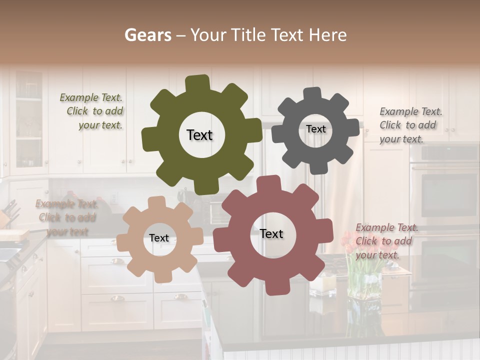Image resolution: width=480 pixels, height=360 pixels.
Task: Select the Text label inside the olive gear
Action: click(x=199, y=135)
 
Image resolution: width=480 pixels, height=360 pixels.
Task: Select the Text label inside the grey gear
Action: click(x=315, y=129)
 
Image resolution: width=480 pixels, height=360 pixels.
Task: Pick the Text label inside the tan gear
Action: click(x=159, y=238)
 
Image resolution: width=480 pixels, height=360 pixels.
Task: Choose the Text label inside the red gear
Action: click(x=271, y=233)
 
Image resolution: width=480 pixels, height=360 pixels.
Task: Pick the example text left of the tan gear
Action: click(x=67, y=217)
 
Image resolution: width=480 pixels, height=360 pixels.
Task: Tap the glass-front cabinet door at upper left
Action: click(x=28, y=120)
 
